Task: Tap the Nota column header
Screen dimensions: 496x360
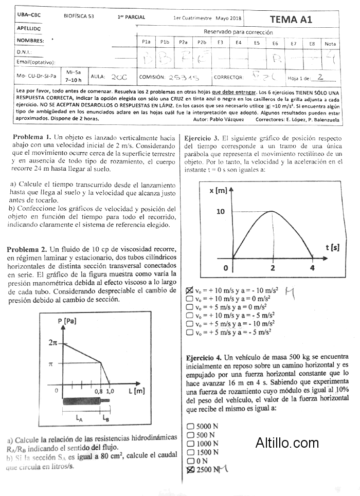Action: pyautogui.click(x=331, y=44)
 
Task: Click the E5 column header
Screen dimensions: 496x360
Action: pyautogui.click(x=257, y=43)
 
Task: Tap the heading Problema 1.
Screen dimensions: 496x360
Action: pyautogui.click(x=31, y=138)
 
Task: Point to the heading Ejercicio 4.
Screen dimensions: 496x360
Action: pyautogui.click(x=204, y=357)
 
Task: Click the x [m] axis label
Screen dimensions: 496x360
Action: pyautogui.click(x=219, y=191)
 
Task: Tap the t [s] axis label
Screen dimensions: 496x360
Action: pyautogui.click(x=332, y=247)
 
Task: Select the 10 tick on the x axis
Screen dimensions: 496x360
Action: pyautogui.click(x=221, y=211)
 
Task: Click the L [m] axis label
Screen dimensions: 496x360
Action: pyautogui.click(x=136, y=391)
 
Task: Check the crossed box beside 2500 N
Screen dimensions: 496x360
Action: pyautogui.click(x=190, y=470)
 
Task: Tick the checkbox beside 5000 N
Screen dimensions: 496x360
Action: pyautogui.click(x=190, y=426)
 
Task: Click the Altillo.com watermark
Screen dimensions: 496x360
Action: pyautogui.click(x=287, y=442)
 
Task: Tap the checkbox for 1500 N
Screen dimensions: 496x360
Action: pyautogui.click(x=190, y=452)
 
